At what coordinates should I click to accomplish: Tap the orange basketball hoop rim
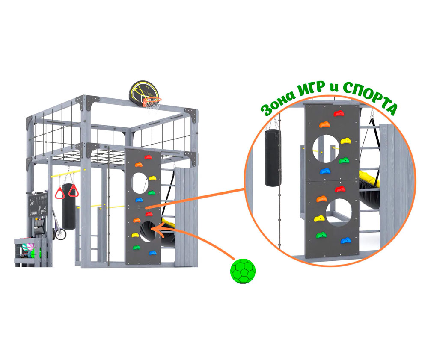pos(152,101)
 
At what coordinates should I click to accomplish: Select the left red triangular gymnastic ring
pos(60,192)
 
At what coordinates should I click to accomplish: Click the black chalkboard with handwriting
pos(39,204)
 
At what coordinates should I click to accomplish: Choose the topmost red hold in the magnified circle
pos(339,114)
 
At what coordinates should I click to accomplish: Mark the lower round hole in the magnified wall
pos(339,213)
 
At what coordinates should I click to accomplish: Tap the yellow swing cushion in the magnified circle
pos(369,178)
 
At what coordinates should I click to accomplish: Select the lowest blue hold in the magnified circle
pos(346,240)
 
